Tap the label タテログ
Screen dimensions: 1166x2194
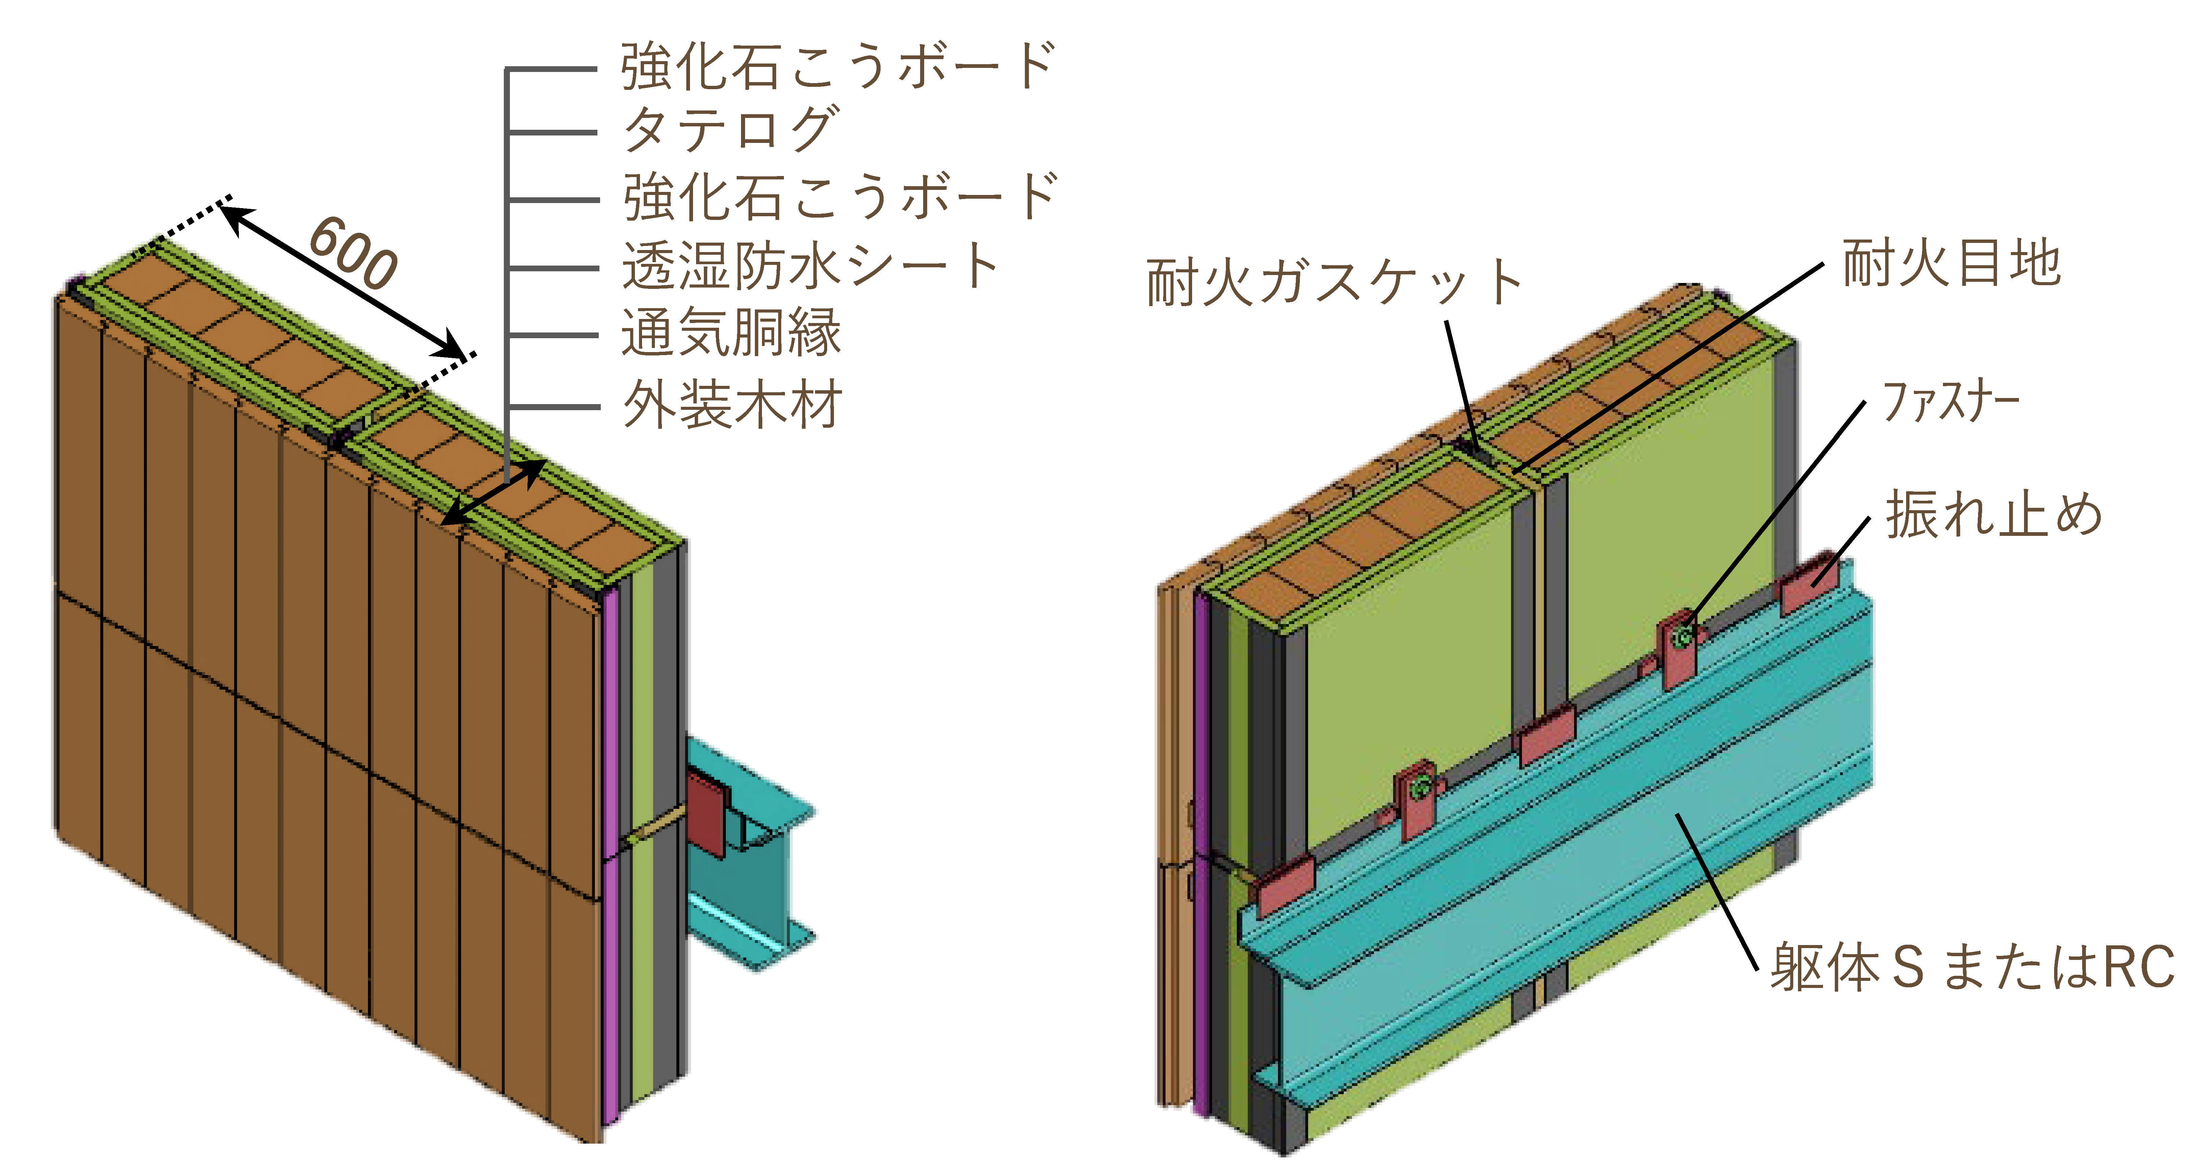pyautogui.click(x=731, y=129)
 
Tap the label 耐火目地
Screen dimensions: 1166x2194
pyautogui.click(x=1950, y=263)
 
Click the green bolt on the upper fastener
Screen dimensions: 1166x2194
pyautogui.click(x=1682, y=636)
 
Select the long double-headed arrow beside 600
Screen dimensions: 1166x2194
pyautogui.click(x=341, y=281)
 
